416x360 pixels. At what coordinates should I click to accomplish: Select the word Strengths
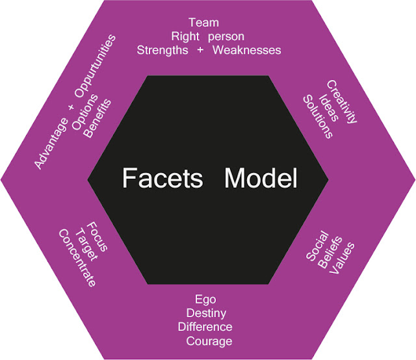[x=162, y=50]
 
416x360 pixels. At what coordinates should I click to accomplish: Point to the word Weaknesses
[x=248, y=50]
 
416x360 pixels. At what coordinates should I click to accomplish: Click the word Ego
[x=205, y=300]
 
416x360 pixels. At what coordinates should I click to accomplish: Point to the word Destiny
[x=205, y=313]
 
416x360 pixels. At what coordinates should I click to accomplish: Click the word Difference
[x=205, y=327]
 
